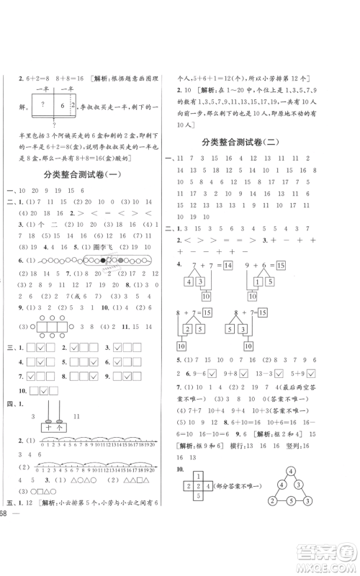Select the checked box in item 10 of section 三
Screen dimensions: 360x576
[42, 390]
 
